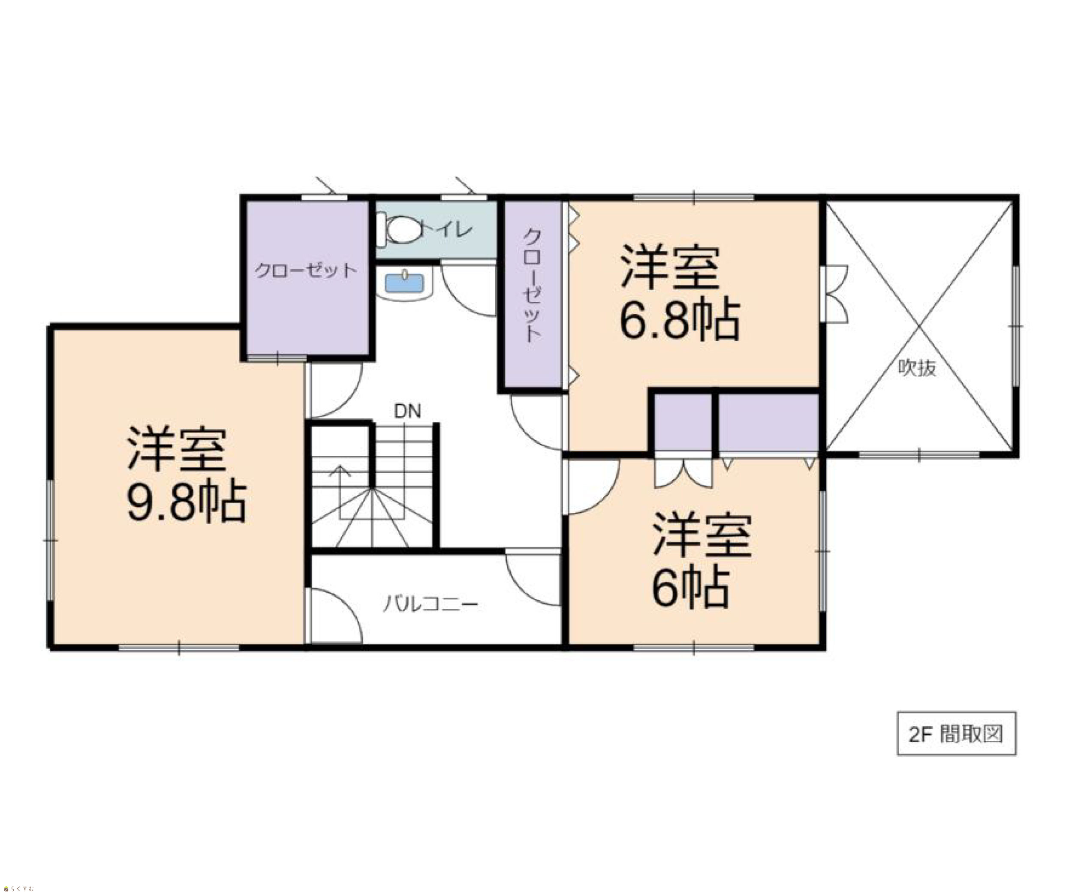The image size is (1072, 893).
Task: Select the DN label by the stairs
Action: click(407, 411)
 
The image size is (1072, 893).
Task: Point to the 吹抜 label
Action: click(917, 368)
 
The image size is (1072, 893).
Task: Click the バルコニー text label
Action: click(431, 604)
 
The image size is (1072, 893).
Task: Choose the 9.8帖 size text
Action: click(187, 502)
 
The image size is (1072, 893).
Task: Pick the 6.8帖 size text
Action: click(680, 320)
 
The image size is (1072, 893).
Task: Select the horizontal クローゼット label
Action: click(305, 270)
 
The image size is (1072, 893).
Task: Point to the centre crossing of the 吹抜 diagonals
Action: click(919, 326)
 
